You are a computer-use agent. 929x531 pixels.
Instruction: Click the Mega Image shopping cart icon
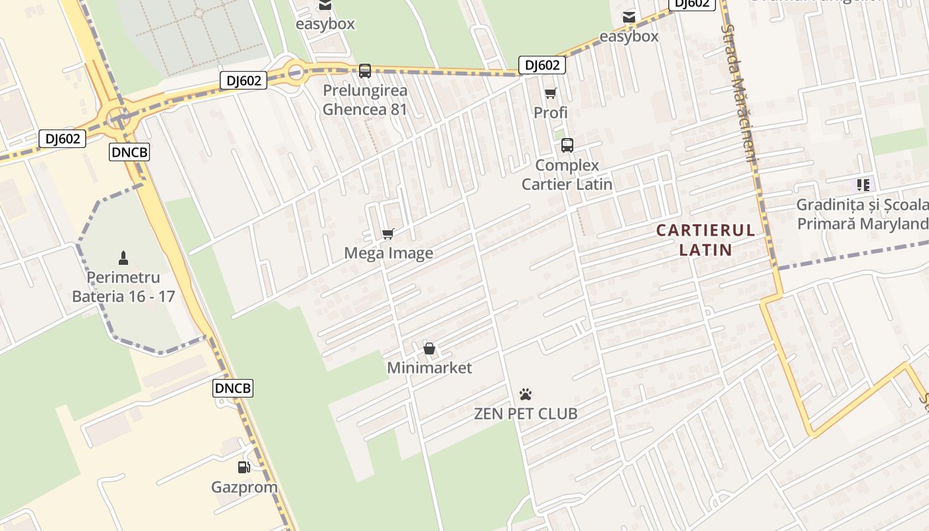388,234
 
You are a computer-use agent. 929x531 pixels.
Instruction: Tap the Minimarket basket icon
429,348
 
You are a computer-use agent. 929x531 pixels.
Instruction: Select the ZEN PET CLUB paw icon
526,394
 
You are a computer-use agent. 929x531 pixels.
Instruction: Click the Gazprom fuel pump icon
244,467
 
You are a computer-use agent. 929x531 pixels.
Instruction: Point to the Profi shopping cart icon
550,94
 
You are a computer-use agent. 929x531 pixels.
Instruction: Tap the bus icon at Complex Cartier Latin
567,145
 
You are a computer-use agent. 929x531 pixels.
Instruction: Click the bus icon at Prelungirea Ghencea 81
364,71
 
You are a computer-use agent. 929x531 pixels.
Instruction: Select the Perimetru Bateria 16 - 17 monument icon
123,258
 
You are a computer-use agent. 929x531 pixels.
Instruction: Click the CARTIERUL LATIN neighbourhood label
705,240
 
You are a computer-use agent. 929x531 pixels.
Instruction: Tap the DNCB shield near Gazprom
233,388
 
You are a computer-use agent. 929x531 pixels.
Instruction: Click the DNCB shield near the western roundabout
129,153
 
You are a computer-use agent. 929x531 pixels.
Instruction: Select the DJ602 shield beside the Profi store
542,65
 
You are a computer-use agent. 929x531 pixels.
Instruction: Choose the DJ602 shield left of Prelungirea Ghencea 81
244,81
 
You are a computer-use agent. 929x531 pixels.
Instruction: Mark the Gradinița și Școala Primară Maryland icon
863,185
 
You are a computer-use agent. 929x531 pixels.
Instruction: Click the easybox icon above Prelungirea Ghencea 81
325,5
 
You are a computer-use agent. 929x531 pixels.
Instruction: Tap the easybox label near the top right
629,36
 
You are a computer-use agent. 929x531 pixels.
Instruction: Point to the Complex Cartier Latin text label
567,175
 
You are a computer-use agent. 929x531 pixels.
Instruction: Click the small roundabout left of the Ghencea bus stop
296,70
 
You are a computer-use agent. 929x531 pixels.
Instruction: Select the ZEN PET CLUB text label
526,414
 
